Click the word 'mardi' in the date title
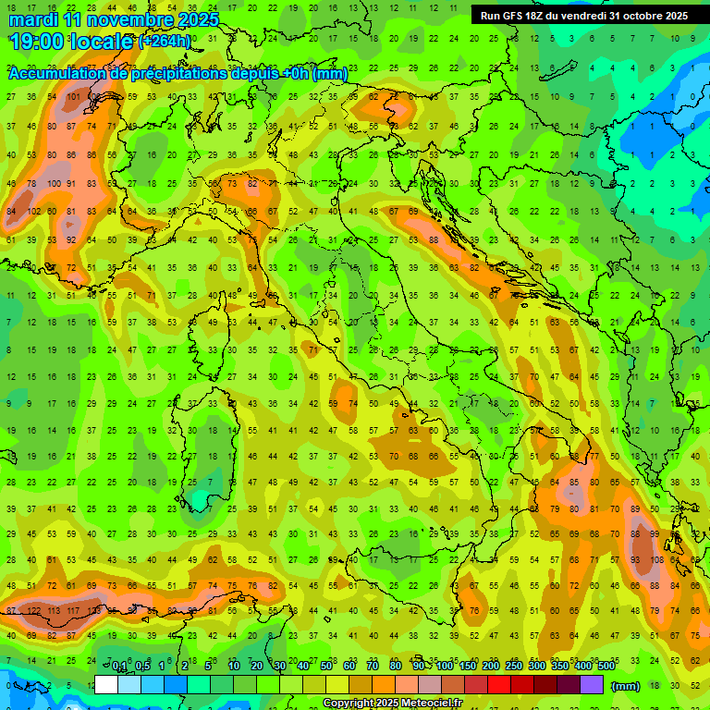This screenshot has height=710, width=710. (x=34, y=20)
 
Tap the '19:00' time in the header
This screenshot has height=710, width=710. (x=41, y=42)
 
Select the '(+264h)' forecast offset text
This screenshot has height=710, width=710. (x=165, y=42)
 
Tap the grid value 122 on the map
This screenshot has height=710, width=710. (x=34, y=611)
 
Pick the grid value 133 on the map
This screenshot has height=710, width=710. (x=93, y=611)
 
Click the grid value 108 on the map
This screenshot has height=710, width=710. (x=655, y=559)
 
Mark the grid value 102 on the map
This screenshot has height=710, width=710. (x=34, y=211)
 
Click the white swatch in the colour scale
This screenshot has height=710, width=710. (x=106, y=685)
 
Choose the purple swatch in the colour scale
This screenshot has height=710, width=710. (x=593, y=685)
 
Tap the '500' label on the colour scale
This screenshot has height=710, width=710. (x=606, y=667)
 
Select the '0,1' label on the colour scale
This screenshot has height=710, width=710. (x=119, y=667)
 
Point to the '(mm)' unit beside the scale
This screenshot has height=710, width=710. (x=626, y=686)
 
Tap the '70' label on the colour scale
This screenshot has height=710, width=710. (x=372, y=667)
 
